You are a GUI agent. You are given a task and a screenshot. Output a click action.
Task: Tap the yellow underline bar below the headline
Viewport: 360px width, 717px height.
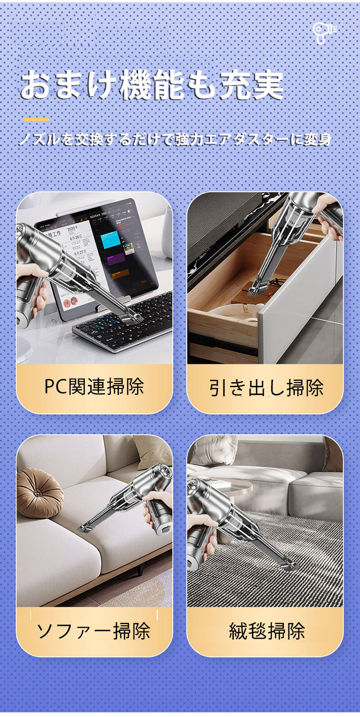pyautogui.click(x=36, y=120)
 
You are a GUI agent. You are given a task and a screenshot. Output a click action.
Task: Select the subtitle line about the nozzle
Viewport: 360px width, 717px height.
pyautogui.click(x=175, y=140)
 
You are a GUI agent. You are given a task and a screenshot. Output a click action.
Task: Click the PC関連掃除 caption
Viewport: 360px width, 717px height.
pyautogui.click(x=94, y=387)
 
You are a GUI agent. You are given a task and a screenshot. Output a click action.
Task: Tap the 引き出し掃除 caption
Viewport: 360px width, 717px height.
pyautogui.click(x=267, y=388)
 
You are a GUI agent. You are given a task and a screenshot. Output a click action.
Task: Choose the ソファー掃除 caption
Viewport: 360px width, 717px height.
pyautogui.click(x=93, y=630)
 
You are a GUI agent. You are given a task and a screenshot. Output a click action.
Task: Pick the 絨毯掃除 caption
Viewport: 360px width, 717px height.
pyautogui.click(x=267, y=630)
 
